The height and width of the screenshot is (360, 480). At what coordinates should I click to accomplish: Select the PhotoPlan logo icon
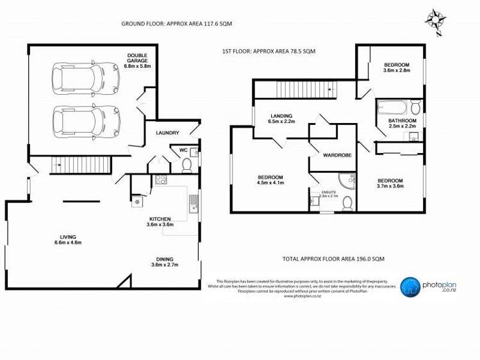(x=410, y=286)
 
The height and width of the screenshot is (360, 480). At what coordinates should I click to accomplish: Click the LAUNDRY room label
(x=167, y=133)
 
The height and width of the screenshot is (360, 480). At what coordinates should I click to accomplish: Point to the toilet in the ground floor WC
(x=186, y=166)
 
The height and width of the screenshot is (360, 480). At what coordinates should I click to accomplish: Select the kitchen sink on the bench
(x=192, y=204)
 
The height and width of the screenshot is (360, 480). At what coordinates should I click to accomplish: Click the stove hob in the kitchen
(x=160, y=180)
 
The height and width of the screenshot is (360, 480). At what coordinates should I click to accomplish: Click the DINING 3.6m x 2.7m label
(x=164, y=261)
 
